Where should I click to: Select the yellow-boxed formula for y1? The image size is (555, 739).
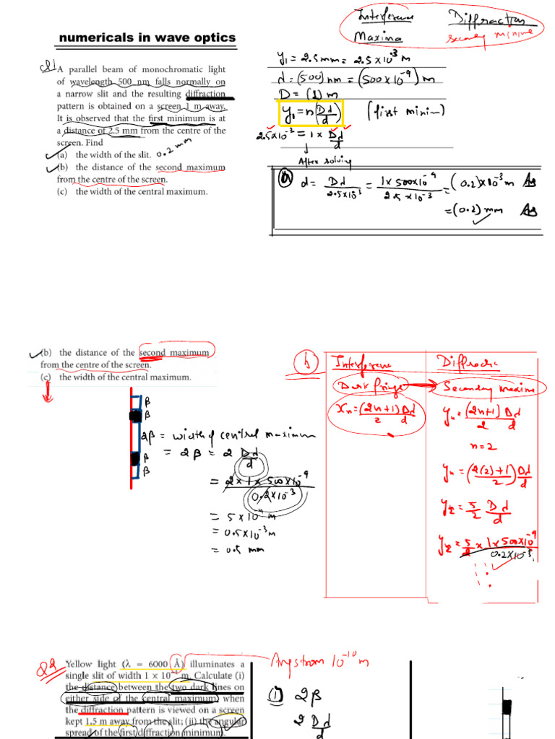[309, 113]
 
